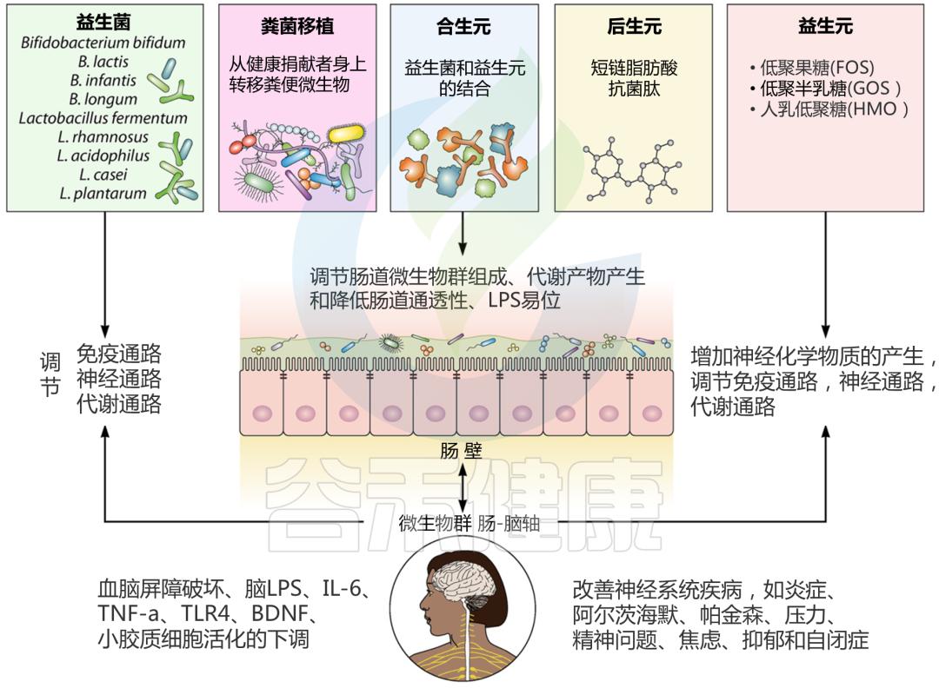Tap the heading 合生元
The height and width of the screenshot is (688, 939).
tap(463, 27)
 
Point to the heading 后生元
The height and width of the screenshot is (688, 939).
tap(633, 27)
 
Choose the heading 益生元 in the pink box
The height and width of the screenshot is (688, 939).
tap(824, 27)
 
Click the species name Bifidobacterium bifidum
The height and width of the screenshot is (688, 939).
tap(103, 43)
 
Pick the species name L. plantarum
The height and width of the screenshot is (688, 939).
tap(103, 194)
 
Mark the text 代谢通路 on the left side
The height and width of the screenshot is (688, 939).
tap(119, 404)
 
